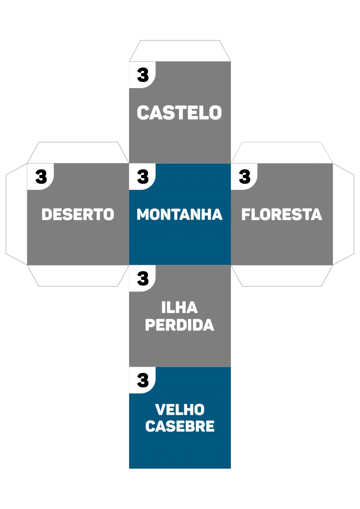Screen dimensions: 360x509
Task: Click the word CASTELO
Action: (179, 113)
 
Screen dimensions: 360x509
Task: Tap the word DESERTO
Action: (78, 214)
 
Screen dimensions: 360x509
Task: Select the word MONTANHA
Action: (180, 214)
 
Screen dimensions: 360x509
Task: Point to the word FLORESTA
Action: (282, 214)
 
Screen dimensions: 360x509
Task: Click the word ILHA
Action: (180, 308)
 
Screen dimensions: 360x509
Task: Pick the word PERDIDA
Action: (180, 325)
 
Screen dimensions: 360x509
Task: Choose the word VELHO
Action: (180, 409)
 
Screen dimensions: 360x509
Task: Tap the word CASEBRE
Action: (180, 426)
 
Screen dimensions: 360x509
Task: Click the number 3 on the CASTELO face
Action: (143, 74)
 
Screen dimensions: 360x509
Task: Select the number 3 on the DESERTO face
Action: (41, 177)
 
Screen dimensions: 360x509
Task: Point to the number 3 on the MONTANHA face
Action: (143, 177)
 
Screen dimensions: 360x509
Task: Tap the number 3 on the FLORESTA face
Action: (245, 177)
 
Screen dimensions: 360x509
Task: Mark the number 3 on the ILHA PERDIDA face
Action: (143, 279)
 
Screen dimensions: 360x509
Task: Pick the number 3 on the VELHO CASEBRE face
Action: (143, 380)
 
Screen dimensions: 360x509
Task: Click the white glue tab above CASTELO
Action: (180, 51)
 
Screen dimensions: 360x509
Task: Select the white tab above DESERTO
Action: (78, 153)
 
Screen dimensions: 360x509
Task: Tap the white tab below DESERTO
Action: (78, 275)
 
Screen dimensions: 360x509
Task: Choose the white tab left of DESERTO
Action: (16, 214)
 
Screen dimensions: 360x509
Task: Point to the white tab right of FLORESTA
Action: (343, 214)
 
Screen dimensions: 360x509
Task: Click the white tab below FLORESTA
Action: (282, 275)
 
